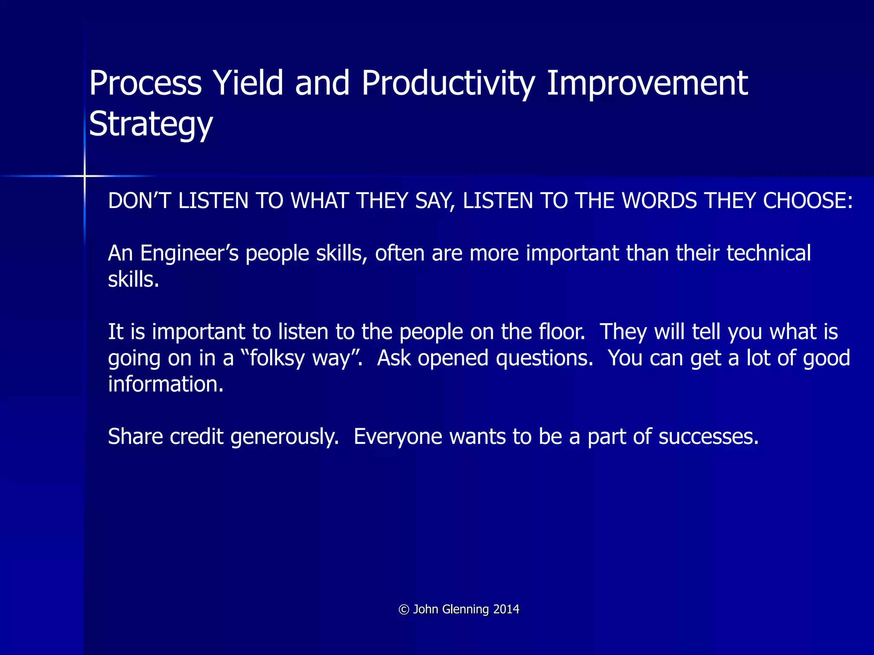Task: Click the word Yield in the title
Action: pyautogui.click(x=248, y=83)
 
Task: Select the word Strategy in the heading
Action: pyautogui.click(x=151, y=124)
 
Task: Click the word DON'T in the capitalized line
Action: pyautogui.click(x=139, y=201)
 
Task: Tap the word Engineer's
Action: pyautogui.click(x=189, y=253)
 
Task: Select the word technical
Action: pyautogui.click(x=769, y=253)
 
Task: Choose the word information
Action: pyautogui.click(x=166, y=384)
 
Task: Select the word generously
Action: pyautogui.click(x=285, y=437)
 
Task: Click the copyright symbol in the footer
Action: pyautogui.click(x=404, y=610)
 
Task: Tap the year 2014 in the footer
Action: pyautogui.click(x=506, y=609)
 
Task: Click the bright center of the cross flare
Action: pyautogui.click(x=84, y=176)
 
